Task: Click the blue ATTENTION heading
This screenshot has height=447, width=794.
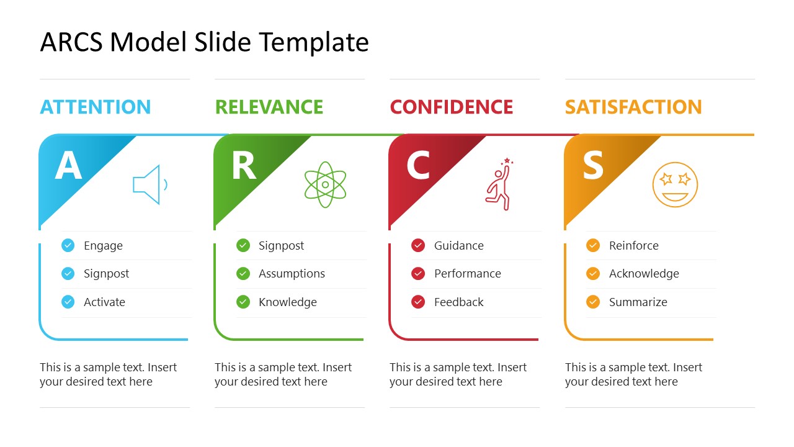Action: pyautogui.click(x=96, y=107)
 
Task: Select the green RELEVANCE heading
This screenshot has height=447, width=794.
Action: pyautogui.click(x=269, y=107)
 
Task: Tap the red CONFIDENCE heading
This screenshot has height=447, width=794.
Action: pyautogui.click(x=452, y=107)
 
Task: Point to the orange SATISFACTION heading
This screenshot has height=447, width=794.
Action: pyautogui.click(x=633, y=107)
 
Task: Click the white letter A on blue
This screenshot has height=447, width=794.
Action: pyautogui.click(x=68, y=165)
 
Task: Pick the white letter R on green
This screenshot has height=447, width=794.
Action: pyautogui.click(x=243, y=165)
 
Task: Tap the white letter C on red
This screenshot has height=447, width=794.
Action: pyautogui.click(x=418, y=165)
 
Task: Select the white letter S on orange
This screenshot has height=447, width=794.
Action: pyautogui.click(x=593, y=165)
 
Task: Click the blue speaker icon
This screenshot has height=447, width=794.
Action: pyautogui.click(x=149, y=184)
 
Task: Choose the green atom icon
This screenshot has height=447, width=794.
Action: pyautogui.click(x=325, y=184)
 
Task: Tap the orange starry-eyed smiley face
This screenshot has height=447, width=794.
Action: pyautogui.click(x=675, y=184)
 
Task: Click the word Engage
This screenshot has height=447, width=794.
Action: pyautogui.click(x=103, y=246)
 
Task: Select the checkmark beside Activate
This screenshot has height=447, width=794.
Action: pyautogui.click(x=68, y=302)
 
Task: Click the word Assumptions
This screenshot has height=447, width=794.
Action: pyautogui.click(x=292, y=274)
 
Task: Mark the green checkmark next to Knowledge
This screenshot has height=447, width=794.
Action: pyautogui.click(x=243, y=302)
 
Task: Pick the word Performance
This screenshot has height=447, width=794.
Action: pyautogui.click(x=467, y=274)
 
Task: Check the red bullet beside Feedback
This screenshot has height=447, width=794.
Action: pyautogui.click(x=418, y=302)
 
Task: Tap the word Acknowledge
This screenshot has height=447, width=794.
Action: pyautogui.click(x=644, y=274)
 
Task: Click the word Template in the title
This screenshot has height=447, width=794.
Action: pyautogui.click(x=314, y=42)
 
